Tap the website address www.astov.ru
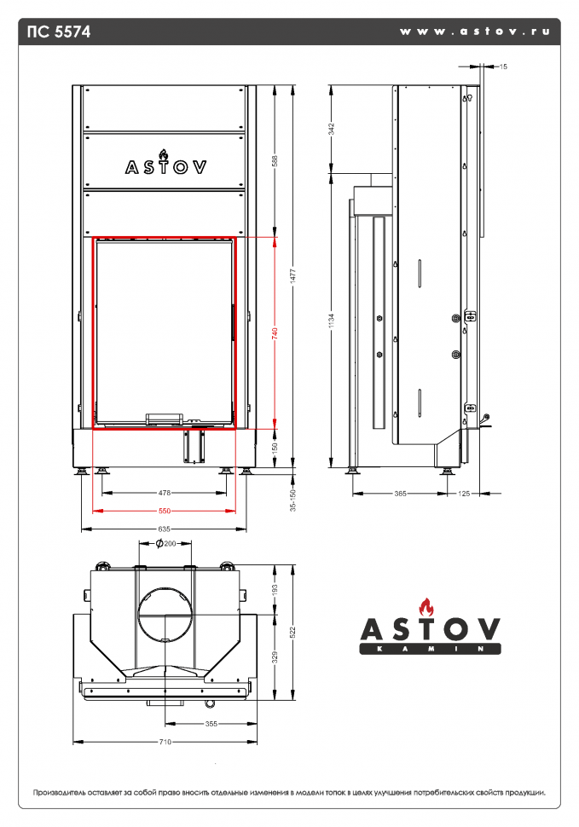(474, 32)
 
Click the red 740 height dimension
(275, 333)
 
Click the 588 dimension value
(275, 159)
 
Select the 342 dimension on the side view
(332, 129)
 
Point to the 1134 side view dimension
(332, 321)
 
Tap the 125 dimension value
(465, 493)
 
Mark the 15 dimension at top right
(503, 65)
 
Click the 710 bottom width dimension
(165, 742)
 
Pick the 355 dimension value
(211, 724)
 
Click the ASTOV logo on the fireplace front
(165, 165)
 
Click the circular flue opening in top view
(165, 614)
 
